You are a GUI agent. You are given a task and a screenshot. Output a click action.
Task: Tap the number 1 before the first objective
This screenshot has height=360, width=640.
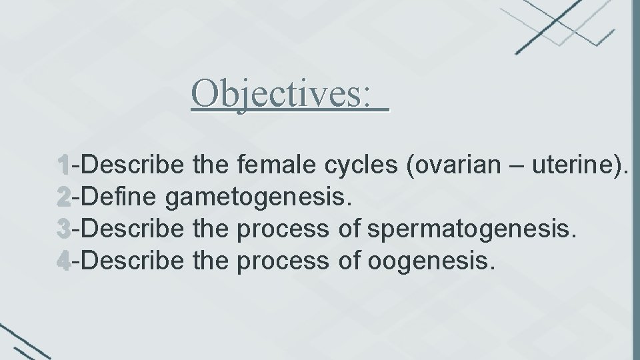tap(63, 164)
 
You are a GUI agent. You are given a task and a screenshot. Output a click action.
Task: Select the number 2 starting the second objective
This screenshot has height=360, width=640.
tap(63, 197)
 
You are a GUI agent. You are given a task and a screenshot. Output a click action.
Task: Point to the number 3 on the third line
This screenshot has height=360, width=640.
tap(63, 229)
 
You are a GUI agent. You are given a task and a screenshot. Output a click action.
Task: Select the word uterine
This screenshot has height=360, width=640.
tap(579, 164)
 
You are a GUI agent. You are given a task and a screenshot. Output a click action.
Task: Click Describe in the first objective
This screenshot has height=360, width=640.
tap(133, 164)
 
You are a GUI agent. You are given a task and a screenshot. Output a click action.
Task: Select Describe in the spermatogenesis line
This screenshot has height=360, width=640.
tap(133, 229)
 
